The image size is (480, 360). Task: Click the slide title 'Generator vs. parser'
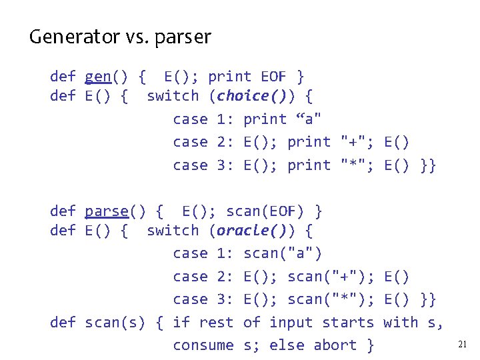[120, 37]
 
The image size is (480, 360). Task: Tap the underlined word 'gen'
[98, 77]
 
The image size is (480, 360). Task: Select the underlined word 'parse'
[107, 211]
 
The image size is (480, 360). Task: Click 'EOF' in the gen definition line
[273, 77]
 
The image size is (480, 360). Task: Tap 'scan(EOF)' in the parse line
[265, 211]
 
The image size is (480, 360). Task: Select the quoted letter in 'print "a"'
[309, 119]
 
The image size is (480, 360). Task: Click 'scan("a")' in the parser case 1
[283, 253]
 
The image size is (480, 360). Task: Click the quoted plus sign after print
[352, 142]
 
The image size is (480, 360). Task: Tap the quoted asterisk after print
[352, 165]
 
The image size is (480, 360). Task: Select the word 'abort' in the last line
[335, 345]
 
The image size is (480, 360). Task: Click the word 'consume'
[203, 345]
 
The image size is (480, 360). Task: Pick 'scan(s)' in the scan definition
[115, 323]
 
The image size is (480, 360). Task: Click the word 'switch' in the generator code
[172, 96]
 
